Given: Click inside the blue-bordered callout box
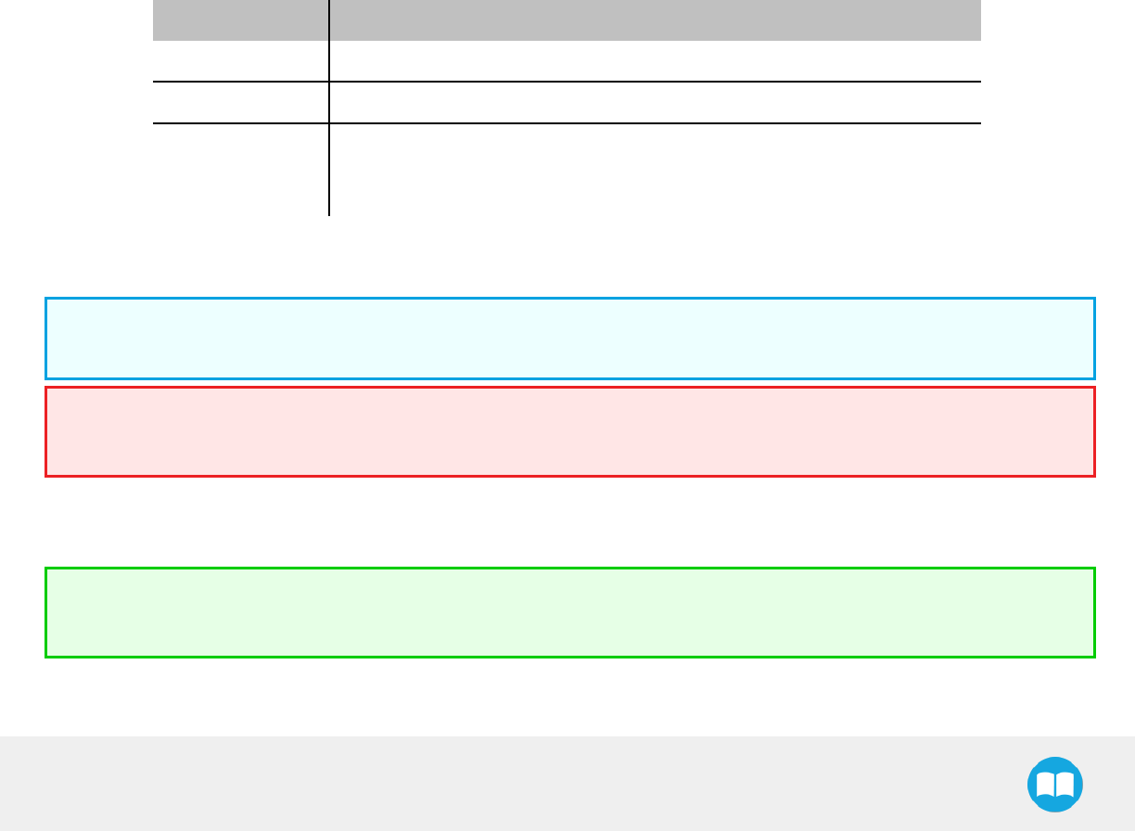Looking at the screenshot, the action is pos(569,339).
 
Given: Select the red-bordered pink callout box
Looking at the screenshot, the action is pos(569,431).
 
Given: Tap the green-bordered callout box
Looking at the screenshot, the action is pos(569,612).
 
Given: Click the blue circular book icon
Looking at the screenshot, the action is pos(1055,785).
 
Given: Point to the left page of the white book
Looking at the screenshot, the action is pos(1044,785).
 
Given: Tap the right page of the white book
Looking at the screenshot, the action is pos(1066,785).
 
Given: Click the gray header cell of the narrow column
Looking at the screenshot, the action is pos(240,19).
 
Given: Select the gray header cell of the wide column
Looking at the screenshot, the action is pos(655,19).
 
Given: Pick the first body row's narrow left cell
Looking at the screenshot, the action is pos(240,61).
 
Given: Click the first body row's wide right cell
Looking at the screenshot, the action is pos(655,61).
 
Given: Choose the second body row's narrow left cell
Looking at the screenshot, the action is pos(240,102).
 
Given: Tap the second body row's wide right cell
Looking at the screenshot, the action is pos(655,102).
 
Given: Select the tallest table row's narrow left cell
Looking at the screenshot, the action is pos(240,170).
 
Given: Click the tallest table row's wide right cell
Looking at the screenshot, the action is pos(655,170).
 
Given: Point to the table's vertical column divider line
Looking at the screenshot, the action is pos(329,148).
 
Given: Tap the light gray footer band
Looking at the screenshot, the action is pos(464,784).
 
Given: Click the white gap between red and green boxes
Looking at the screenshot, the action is pos(569,522).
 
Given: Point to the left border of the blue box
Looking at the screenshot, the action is pos(45,339).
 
